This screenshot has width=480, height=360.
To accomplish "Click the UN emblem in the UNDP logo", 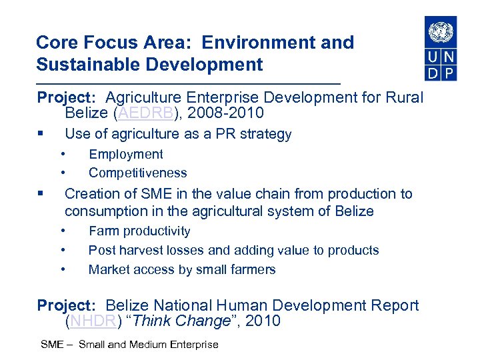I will [x=441, y=31].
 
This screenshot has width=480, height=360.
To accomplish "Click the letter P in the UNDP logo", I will [x=449, y=72].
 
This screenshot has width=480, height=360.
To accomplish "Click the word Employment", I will [x=126, y=154].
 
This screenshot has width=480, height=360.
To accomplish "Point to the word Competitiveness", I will [x=138, y=173].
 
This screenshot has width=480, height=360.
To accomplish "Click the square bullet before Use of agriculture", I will [x=42, y=134].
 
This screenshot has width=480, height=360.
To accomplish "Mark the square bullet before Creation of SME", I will [x=42, y=194].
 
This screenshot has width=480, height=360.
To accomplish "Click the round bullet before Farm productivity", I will [x=62, y=231].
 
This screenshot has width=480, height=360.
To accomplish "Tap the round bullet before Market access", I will [x=62, y=269].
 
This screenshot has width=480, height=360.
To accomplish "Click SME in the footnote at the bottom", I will [x=52, y=345].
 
